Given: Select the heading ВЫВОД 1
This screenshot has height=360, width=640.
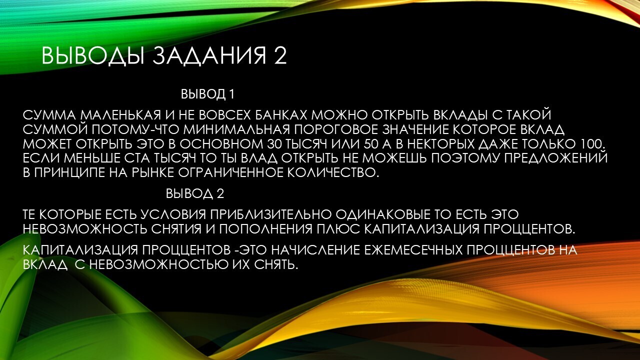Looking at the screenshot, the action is (x=207, y=94).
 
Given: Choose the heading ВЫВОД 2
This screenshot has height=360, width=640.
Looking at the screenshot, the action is (x=195, y=194).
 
